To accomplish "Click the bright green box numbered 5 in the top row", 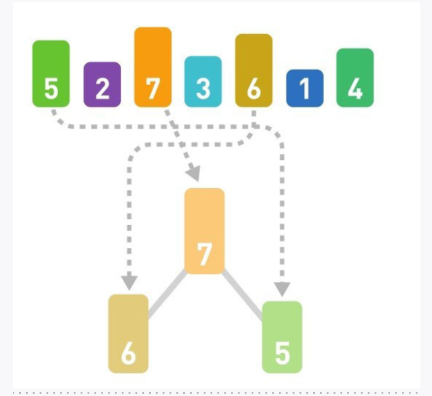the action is [51, 73].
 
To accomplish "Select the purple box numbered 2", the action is [102, 84].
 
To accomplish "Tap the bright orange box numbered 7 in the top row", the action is [153, 67].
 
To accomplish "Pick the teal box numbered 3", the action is [203, 81].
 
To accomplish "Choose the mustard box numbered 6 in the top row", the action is [253, 70].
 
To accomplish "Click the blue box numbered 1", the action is [304, 88].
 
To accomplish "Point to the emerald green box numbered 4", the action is [355, 78].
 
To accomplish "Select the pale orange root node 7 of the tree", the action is [204, 230].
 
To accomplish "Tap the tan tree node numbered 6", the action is [128, 333].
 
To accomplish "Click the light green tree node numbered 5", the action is [282, 337].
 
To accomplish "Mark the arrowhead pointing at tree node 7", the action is [194, 173].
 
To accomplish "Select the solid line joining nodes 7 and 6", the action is [166, 295].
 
